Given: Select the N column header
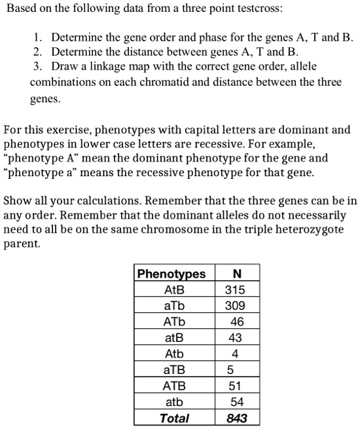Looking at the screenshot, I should tap(236, 274).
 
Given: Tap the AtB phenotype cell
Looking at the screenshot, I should tap(174, 290).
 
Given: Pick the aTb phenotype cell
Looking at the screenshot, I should tap(174, 306).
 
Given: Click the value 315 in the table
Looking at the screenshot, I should tap(235, 290).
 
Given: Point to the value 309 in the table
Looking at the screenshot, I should tap(235, 306).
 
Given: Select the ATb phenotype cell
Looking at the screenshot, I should tap(174, 322).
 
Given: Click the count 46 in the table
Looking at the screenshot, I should tap(237, 322).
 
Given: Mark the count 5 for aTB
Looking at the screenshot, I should tap(230, 370).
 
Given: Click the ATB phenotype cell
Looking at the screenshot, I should tap(174, 386).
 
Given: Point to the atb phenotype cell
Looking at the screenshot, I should tap(174, 402).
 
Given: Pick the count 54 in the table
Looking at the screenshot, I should tap(237, 402).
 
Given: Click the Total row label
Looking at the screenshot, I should tap(174, 418).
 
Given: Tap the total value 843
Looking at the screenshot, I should tap(236, 418).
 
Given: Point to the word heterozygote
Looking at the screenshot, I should tap(309, 230).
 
